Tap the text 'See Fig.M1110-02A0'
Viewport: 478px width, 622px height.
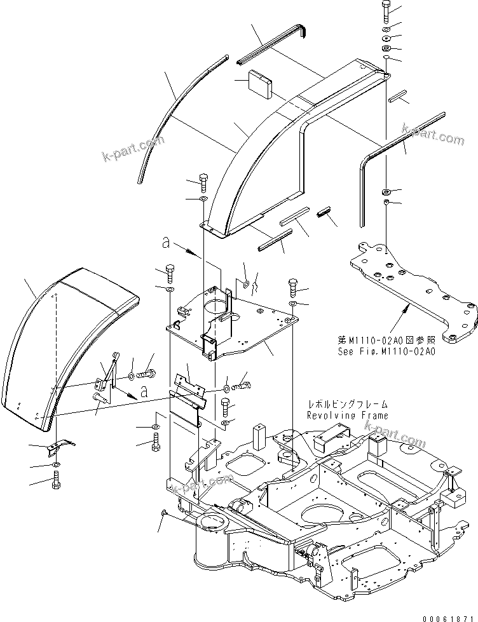pos(386,351)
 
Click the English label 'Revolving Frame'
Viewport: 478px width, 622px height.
pos(347,415)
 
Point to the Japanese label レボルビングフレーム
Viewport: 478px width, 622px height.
pos(347,404)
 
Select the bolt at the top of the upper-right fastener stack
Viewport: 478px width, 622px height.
pos(387,11)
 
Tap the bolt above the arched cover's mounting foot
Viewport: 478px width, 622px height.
pos(203,181)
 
